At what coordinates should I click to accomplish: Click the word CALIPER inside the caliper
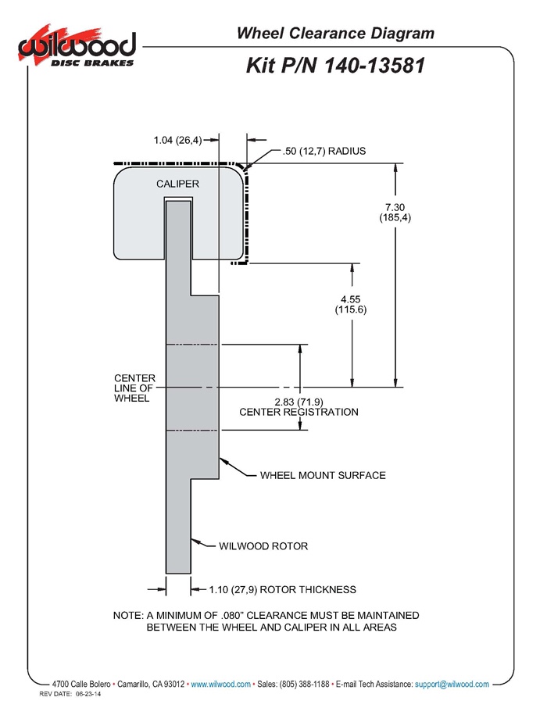(178, 184)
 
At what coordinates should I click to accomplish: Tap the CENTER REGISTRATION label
(299, 412)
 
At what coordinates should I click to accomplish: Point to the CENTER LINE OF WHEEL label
(134, 388)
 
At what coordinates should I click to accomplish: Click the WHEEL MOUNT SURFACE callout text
(323, 474)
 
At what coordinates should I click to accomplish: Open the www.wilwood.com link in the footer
(220, 685)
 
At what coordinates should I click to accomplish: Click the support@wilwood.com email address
(452, 685)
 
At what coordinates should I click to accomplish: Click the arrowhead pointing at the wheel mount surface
(224, 460)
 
